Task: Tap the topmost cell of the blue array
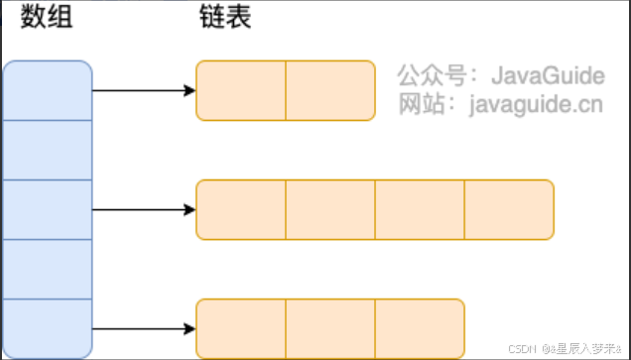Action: pos(48,90)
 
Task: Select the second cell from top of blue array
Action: pos(48,150)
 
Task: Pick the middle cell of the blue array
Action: pos(48,209)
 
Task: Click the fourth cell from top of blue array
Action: pos(48,269)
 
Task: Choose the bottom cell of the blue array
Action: pos(48,327)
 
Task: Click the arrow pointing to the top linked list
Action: pos(144,90)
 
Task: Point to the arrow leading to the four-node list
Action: pos(144,209)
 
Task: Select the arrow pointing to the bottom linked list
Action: pos(144,328)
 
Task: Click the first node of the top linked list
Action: pos(241,90)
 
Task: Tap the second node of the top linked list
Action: pos(330,90)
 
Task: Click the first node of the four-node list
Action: pos(241,209)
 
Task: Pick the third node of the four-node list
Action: pos(419,209)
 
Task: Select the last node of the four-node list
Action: pos(508,209)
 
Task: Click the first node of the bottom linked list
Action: pos(241,328)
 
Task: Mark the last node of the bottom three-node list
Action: pos(419,328)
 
